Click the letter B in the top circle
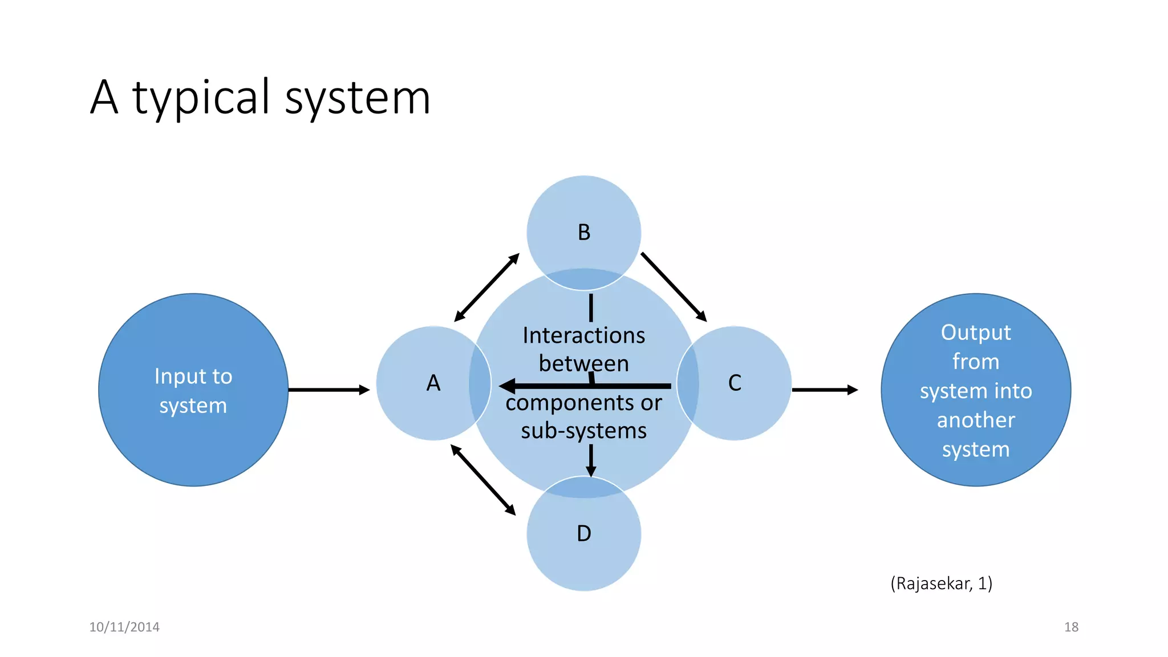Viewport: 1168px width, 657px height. tap(583, 233)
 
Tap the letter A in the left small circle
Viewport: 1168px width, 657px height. tap(433, 383)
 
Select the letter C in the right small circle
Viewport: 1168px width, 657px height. tap(735, 383)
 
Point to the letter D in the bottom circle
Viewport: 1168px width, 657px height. tap(583, 534)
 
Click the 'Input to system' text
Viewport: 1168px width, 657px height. tap(193, 391)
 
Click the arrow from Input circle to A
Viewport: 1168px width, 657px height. tap(329, 390)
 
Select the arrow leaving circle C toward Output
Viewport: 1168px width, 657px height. tap(825, 390)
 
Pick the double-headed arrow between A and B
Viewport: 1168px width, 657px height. tap(486, 287)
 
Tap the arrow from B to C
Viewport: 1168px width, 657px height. tap(674, 287)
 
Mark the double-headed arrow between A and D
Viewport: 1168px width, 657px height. tap(483, 480)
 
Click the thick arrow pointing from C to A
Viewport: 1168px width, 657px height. tap(585, 386)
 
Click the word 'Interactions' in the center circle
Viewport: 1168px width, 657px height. tap(583, 335)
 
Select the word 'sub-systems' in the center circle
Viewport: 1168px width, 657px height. tap(583, 431)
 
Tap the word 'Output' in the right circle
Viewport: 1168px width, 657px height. tap(976, 332)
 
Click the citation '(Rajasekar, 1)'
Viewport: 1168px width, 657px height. tap(941, 583)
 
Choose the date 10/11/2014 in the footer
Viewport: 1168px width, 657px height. tap(124, 627)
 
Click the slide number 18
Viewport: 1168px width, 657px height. tap(1071, 627)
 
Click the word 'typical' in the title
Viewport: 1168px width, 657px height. tap(201, 98)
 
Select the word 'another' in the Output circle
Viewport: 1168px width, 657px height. tap(976, 420)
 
